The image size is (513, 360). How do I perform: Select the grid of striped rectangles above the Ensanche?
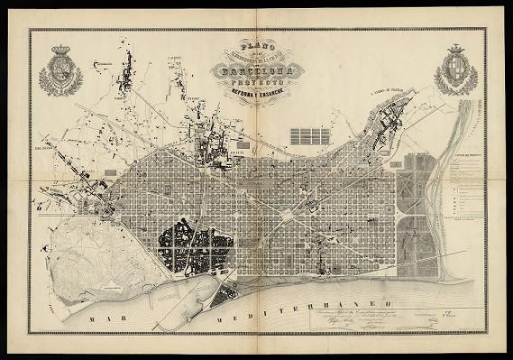(x=308, y=136)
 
